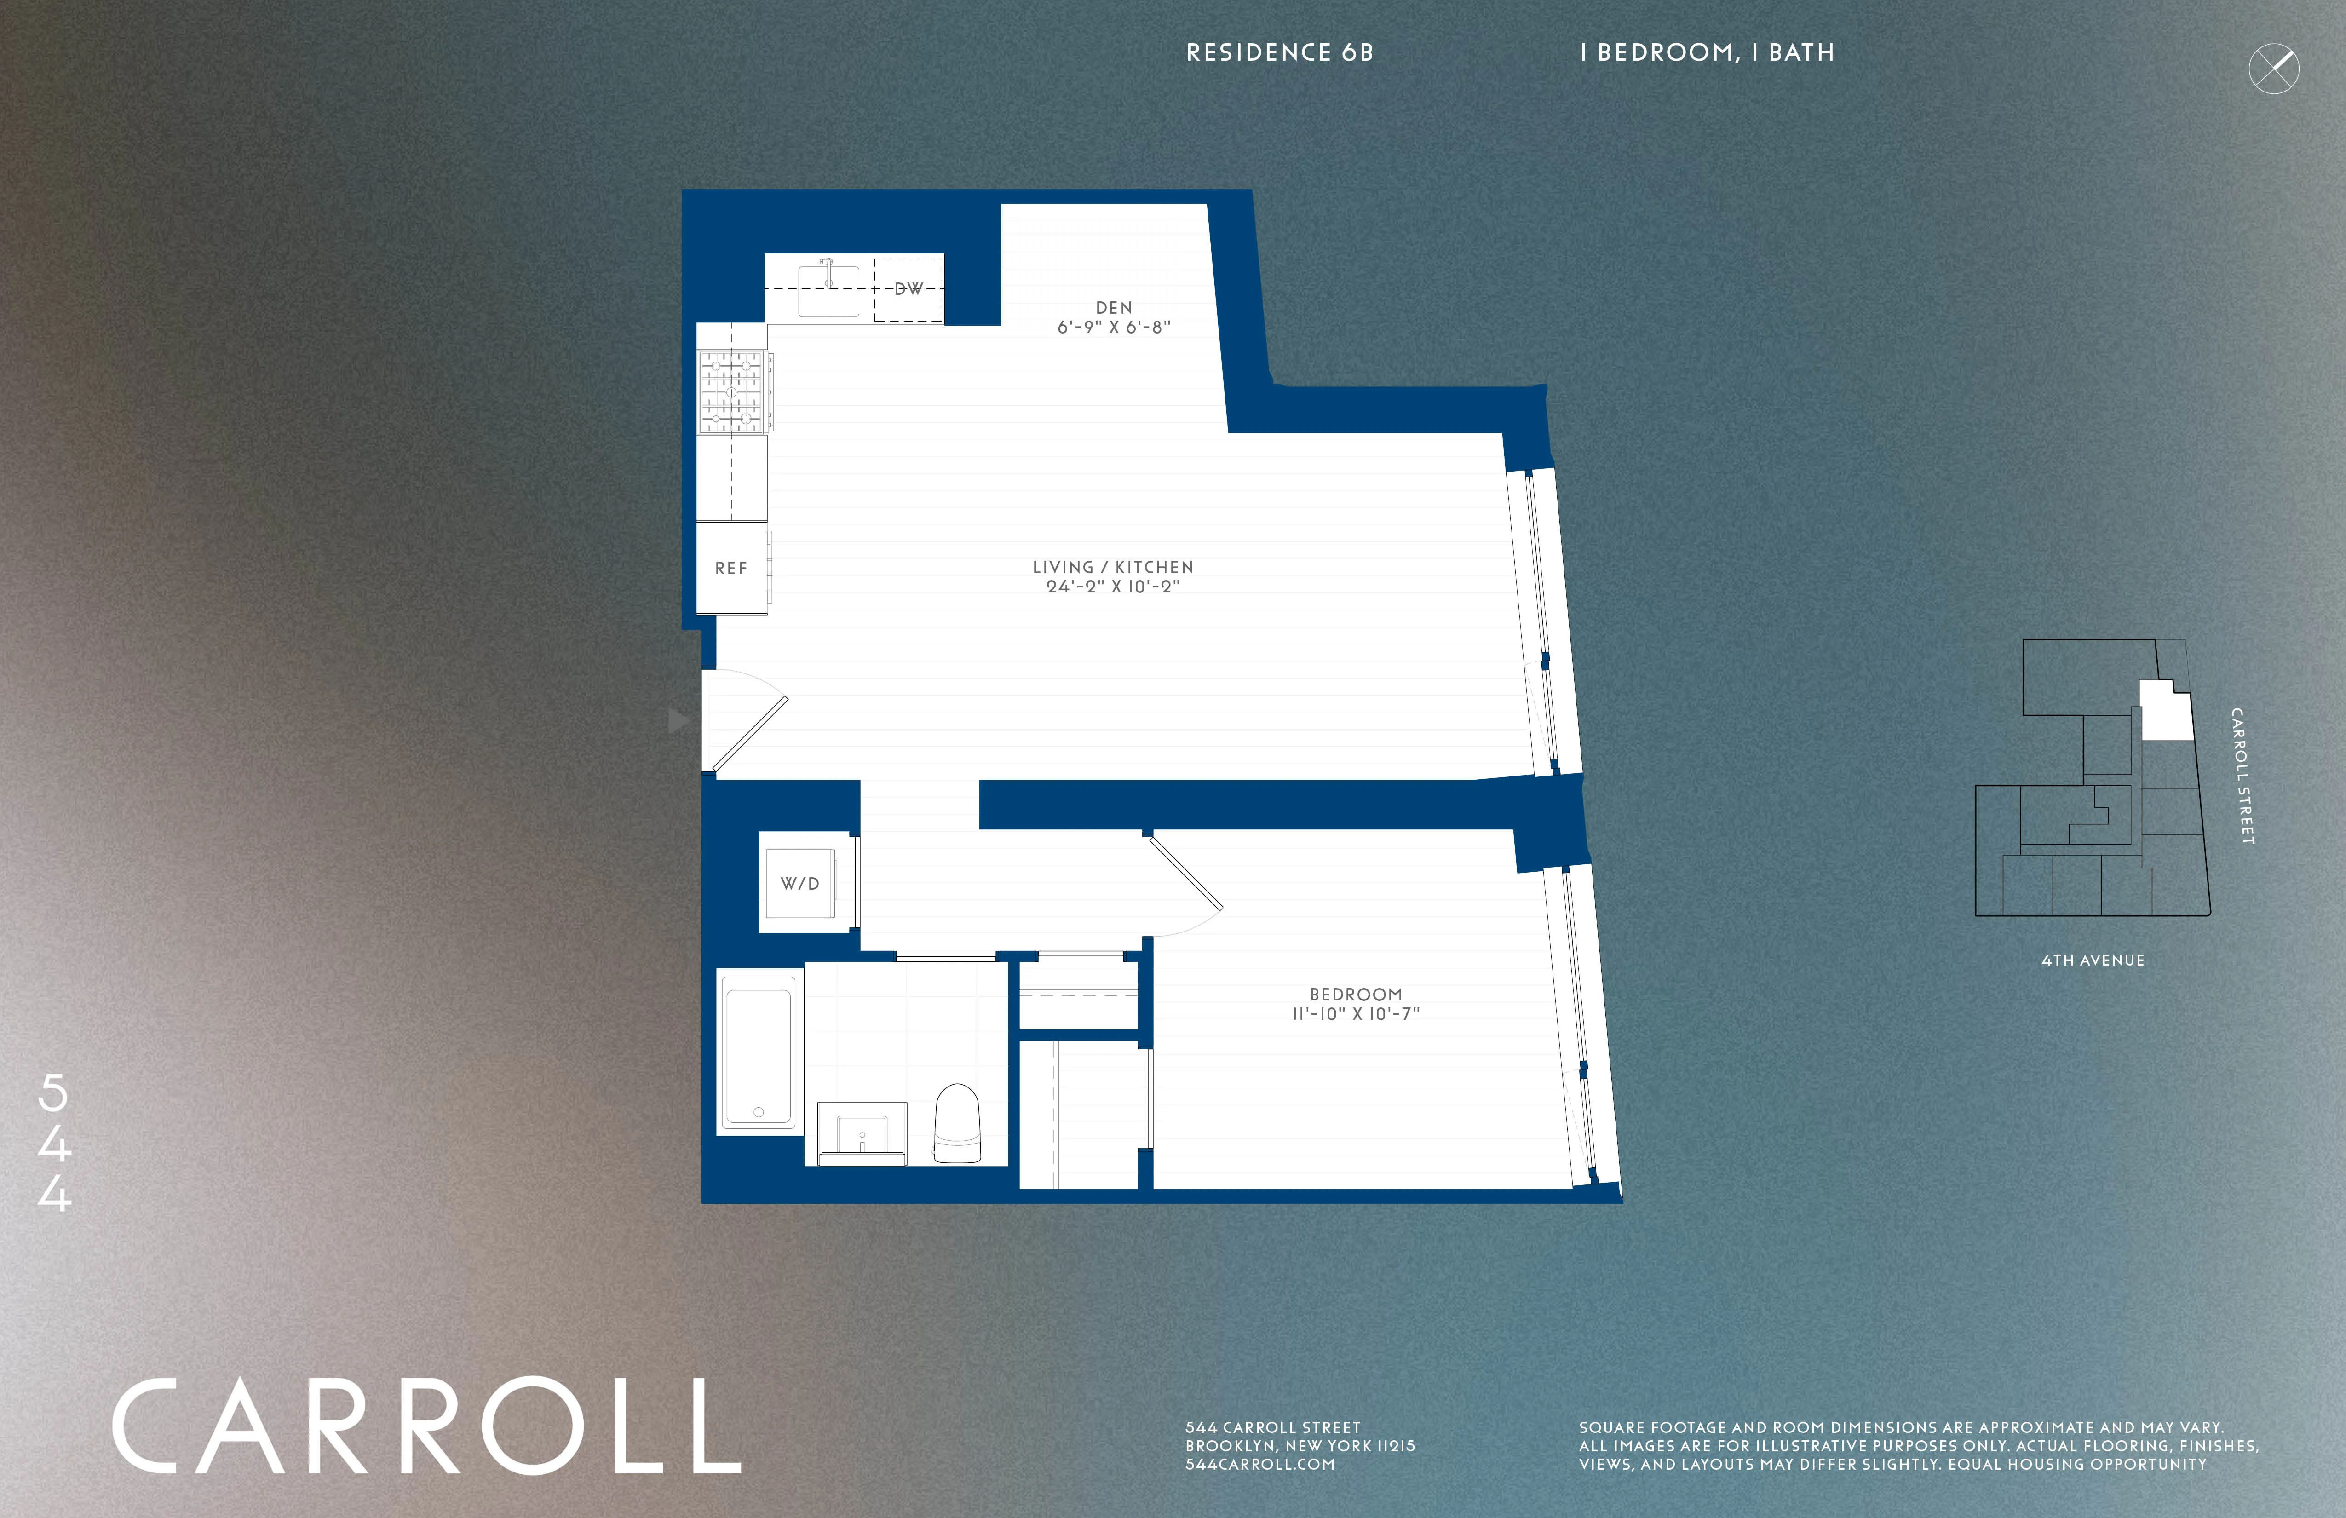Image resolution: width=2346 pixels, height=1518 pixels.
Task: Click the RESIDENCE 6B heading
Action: click(x=1279, y=53)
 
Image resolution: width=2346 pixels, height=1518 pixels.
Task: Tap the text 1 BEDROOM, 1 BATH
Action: click(x=1706, y=53)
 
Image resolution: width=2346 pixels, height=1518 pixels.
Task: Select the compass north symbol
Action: click(x=2273, y=69)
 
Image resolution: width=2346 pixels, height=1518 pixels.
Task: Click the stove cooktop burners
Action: click(x=732, y=392)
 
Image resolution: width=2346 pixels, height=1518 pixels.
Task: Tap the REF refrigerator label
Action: click(x=730, y=569)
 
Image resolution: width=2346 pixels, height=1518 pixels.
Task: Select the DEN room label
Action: click(x=1114, y=308)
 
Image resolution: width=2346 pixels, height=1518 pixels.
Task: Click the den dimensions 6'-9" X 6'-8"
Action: click(x=1114, y=327)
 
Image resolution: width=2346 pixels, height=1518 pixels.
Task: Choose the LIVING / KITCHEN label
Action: click(x=1113, y=567)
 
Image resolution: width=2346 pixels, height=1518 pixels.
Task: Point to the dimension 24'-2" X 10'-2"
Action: click(x=1113, y=586)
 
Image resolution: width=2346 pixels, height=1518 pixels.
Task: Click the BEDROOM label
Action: click(x=1355, y=995)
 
